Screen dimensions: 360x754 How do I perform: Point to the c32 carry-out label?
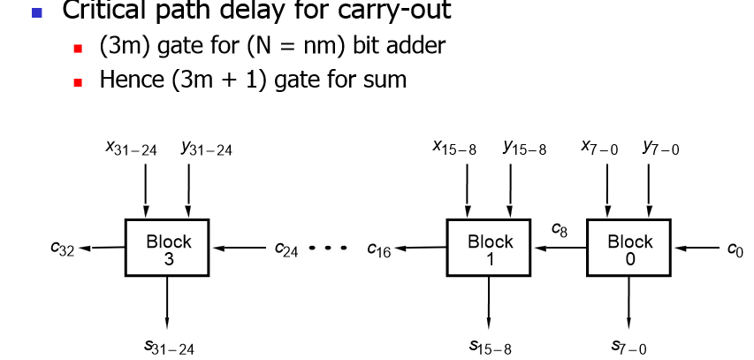[64, 250]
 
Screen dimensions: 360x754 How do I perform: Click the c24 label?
[286, 250]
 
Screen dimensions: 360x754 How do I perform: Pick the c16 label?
[379, 250]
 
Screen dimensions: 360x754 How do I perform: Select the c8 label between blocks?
[560, 230]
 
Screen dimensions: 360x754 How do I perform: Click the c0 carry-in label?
[735, 250]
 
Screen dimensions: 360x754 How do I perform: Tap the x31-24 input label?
[131, 149]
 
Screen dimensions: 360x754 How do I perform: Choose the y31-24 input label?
[206, 149]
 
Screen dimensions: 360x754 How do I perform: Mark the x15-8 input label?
[454, 149]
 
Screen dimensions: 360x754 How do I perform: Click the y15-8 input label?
[524, 149]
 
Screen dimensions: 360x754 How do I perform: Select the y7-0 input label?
[661, 148]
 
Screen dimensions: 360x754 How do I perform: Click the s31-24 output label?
[169, 348]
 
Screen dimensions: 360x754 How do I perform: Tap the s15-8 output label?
[490, 348]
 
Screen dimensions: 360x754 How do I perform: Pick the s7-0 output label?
[629, 348]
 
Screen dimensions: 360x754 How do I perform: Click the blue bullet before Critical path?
[36, 12]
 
